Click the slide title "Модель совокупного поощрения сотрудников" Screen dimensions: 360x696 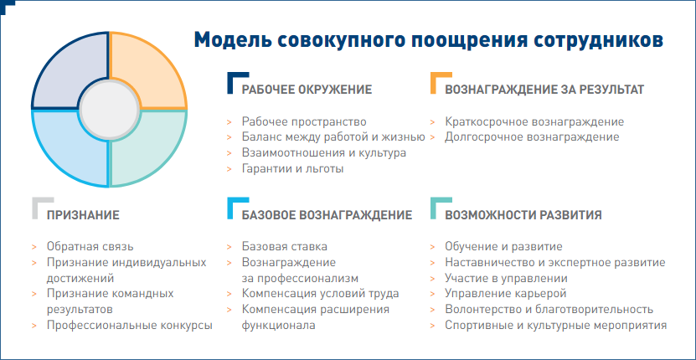[429, 39]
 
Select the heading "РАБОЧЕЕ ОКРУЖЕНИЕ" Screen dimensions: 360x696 [307, 90]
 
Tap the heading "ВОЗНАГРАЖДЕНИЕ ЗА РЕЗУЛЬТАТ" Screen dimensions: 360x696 [544, 90]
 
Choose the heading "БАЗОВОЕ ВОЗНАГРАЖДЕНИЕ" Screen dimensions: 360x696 [327, 215]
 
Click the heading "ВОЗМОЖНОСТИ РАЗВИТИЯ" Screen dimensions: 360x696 [523, 215]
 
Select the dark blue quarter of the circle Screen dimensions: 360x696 [67, 69]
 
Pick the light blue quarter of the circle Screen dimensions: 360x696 [67, 151]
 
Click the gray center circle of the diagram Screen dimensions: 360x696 [109, 110]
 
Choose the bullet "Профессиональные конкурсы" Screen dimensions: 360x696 [129, 326]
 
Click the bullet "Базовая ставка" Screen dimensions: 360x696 [284, 246]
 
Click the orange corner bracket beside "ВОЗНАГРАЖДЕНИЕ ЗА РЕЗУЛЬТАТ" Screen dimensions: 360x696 [436, 81]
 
